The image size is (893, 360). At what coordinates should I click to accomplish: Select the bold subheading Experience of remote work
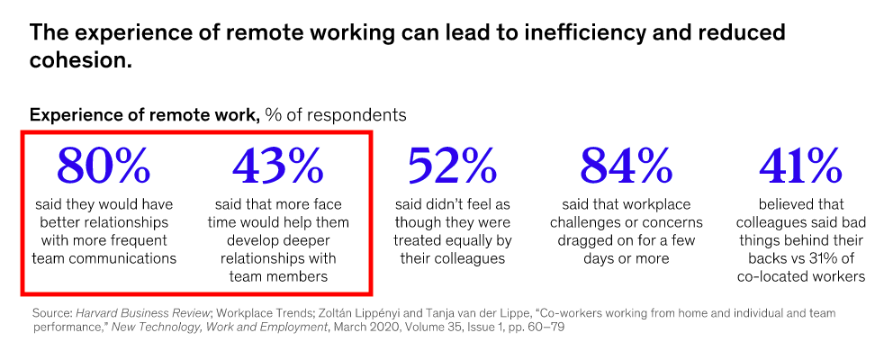144,115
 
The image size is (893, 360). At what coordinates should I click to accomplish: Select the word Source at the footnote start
50,312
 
